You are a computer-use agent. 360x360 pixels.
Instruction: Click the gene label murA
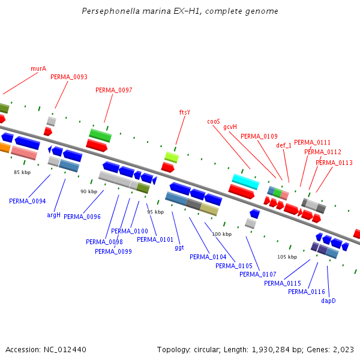[38, 68]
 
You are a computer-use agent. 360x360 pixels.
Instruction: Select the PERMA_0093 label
[69, 77]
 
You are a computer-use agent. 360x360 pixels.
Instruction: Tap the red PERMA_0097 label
[114, 90]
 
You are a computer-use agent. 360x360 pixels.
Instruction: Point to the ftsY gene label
[185, 112]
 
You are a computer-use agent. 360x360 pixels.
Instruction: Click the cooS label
[214, 121]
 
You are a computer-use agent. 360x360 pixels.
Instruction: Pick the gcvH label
[230, 127]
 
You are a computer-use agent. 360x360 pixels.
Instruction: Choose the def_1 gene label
[284, 145]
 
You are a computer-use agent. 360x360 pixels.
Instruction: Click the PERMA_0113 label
[334, 163]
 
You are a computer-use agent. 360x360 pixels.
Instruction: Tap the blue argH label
[54, 215]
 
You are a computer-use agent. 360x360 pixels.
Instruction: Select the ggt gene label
[179, 247]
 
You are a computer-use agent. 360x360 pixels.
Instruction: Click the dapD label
[328, 301]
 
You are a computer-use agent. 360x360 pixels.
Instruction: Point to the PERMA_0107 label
[258, 274]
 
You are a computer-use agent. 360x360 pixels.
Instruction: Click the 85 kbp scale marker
[22, 172]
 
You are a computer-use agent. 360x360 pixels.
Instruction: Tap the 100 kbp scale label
[221, 234]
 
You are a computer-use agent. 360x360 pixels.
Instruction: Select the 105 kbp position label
[287, 257]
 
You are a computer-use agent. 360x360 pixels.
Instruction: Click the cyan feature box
[245, 181]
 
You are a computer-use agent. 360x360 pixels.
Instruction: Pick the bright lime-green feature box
[172, 157]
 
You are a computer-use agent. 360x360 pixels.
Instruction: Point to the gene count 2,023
[343, 349]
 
